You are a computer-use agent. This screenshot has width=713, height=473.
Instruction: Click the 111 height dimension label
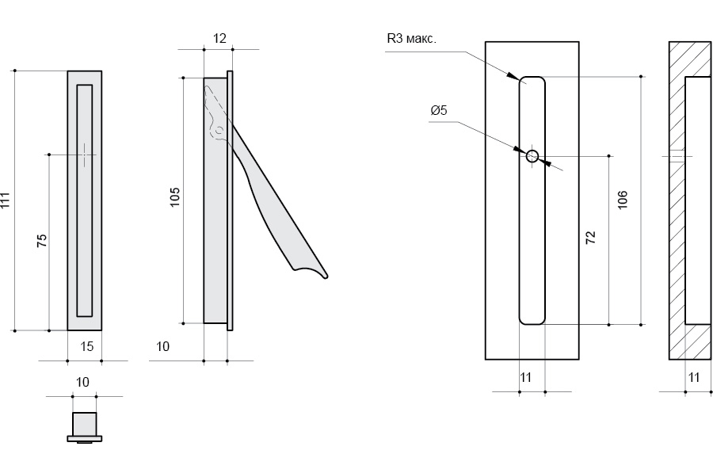click(x=6, y=200)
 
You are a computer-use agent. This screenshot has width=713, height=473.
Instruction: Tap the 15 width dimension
click(x=86, y=345)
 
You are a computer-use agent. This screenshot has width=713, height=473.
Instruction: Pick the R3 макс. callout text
click(x=412, y=38)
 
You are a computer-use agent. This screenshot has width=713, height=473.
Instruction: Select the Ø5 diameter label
click(x=438, y=111)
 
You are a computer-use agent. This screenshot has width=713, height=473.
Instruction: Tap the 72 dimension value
click(x=590, y=238)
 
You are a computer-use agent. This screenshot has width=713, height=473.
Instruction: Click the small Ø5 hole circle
click(x=532, y=155)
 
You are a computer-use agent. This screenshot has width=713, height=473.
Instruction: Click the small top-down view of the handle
click(x=84, y=425)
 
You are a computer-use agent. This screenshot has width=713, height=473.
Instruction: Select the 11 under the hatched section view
click(x=694, y=378)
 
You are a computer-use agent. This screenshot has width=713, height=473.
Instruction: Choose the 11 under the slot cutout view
click(x=526, y=378)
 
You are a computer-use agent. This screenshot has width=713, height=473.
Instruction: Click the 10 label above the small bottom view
click(x=82, y=382)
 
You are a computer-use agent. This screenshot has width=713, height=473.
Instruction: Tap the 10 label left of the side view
click(x=163, y=346)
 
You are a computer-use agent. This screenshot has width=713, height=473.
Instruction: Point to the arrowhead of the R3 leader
click(x=513, y=77)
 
